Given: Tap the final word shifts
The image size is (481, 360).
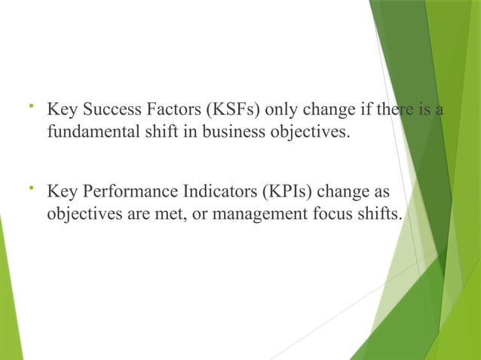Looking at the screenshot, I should point(379,215).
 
